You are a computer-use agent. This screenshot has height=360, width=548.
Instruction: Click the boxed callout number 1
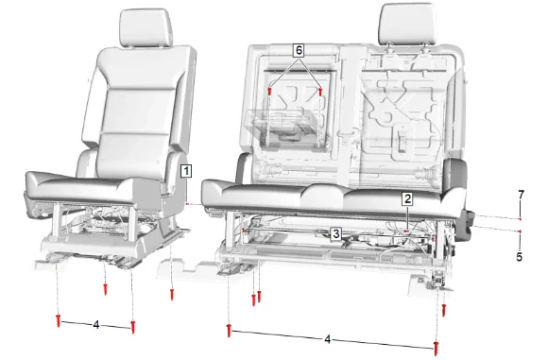point(186,171)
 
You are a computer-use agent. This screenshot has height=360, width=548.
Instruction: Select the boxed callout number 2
point(407,198)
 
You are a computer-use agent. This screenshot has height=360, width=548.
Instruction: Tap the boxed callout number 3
point(336,233)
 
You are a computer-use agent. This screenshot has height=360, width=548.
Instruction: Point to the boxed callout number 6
point(299,50)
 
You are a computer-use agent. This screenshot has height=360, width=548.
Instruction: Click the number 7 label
point(522,195)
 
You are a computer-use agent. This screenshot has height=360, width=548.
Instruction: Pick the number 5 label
point(520,257)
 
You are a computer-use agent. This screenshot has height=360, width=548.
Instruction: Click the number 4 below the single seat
point(96,325)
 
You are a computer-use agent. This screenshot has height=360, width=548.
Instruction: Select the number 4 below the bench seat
point(327,339)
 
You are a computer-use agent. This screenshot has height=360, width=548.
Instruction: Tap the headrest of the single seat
point(146,28)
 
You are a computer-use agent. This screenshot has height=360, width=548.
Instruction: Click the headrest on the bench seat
point(407,24)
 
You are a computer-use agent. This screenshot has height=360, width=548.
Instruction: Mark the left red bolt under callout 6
point(269,92)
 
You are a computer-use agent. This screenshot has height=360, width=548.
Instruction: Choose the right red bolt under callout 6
point(320,92)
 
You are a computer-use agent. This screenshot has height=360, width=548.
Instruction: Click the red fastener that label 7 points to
point(521,219)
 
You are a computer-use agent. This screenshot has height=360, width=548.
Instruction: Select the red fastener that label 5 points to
point(521,231)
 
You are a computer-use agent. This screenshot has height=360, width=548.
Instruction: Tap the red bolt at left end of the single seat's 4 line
point(59,320)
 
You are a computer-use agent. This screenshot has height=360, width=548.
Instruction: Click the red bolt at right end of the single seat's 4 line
point(133,327)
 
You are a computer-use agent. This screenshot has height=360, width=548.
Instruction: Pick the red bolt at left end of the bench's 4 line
point(230,331)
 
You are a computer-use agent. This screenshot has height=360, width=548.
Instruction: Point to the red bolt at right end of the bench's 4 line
point(436,349)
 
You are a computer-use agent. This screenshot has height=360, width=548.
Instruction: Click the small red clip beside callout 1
point(187,203)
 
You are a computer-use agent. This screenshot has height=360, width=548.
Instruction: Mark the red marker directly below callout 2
point(406,231)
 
